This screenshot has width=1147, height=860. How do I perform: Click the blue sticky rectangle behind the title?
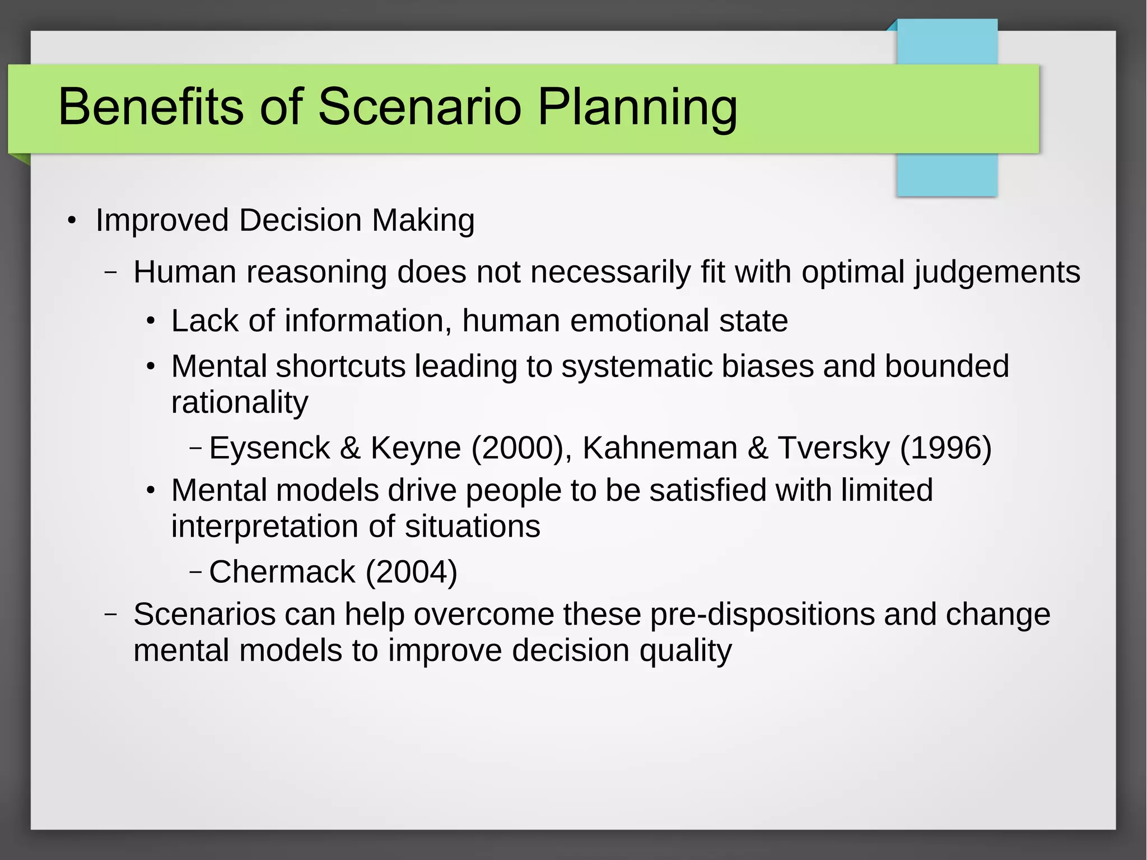[x=946, y=174]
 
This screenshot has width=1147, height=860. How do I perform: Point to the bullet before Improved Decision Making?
[x=71, y=221]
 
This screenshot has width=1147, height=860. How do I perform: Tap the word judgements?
[x=997, y=273]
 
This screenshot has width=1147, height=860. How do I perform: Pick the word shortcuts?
[x=341, y=366]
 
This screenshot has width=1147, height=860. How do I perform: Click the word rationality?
[x=240, y=402]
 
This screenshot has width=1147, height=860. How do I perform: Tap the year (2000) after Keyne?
[x=517, y=448]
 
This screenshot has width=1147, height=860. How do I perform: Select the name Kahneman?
[x=659, y=448]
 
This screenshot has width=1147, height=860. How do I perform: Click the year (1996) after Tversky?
[x=945, y=448]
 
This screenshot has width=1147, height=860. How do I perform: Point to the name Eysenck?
[x=269, y=448]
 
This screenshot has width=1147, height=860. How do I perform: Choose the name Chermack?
[x=282, y=572]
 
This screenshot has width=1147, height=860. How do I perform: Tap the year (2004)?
[x=412, y=572]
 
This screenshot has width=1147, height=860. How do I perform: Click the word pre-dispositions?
[x=762, y=615]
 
